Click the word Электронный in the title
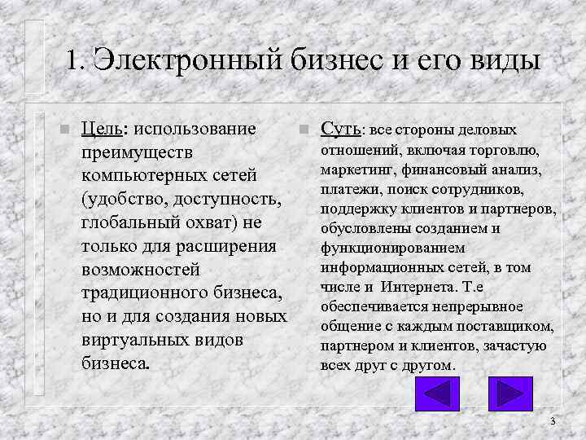(180, 59)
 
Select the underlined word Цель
(103, 129)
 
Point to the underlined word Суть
(340, 129)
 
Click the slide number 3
(553, 421)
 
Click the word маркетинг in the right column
(356, 169)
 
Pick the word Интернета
(418, 287)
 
